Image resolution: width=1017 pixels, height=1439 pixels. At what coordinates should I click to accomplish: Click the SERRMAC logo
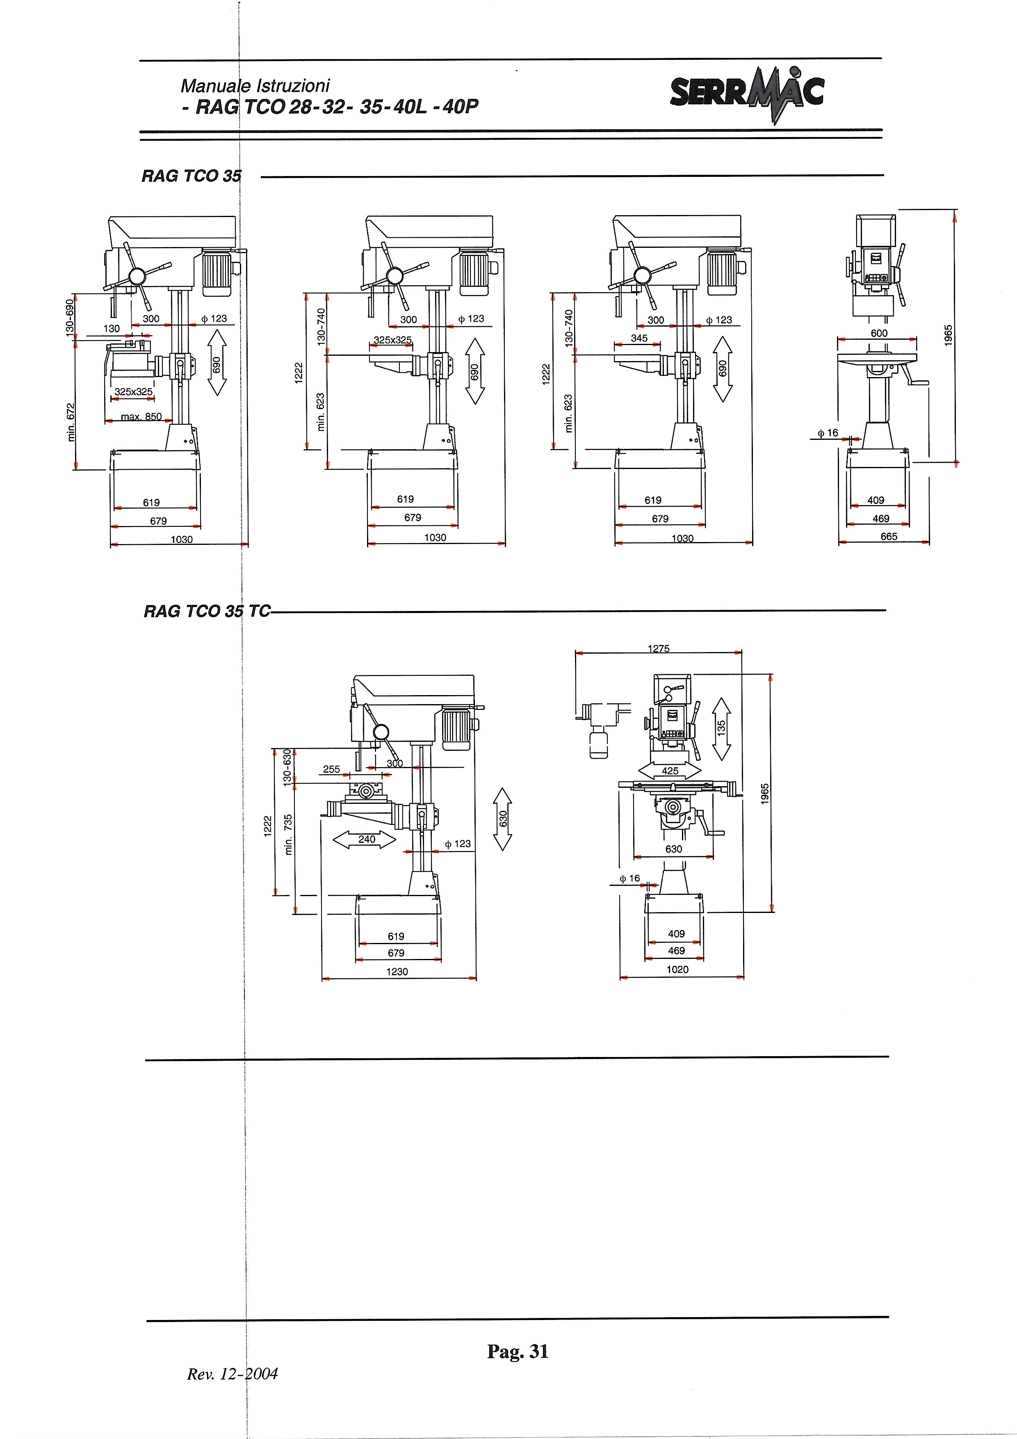click(x=747, y=94)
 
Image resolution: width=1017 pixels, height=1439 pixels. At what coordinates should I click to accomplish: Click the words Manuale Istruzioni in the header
click(x=255, y=86)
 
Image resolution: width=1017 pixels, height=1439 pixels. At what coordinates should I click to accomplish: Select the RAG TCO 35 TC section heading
click(x=207, y=611)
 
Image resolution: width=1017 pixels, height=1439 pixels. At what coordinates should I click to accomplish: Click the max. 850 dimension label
click(x=141, y=417)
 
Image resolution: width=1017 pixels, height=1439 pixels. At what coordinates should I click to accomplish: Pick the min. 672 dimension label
click(x=71, y=422)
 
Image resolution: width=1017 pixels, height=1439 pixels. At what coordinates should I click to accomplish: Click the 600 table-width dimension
click(x=879, y=334)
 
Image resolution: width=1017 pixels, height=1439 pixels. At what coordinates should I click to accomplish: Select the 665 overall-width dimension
click(x=889, y=536)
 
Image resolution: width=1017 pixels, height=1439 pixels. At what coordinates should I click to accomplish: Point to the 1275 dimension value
click(x=659, y=649)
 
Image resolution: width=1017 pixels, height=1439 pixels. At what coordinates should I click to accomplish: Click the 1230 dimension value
click(x=397, y=972)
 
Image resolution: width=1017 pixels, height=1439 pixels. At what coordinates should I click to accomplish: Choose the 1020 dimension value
click(x=677, y=970)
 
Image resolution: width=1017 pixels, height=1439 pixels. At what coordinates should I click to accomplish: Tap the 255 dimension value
click(x=332, y=769)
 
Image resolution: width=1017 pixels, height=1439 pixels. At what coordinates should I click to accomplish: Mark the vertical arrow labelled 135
click(x=721, y=728)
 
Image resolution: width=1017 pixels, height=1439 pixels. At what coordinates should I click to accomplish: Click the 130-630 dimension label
click(x=287, y=768)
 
